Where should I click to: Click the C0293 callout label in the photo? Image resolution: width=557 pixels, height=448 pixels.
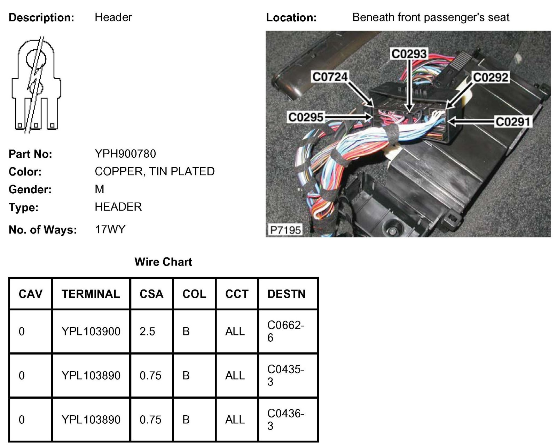tap(409, 54)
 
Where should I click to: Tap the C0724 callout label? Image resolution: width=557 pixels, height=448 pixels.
tap(330, 77)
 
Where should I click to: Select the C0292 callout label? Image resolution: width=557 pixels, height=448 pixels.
tap(491, 77)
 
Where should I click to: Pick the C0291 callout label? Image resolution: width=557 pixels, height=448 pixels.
tap(513, 122)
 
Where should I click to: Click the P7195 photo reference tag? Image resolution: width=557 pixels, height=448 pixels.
tap(285, 230)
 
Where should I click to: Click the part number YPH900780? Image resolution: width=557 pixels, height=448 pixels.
tap(125, 154)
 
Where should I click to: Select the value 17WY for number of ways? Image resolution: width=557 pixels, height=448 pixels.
tap(110, 229)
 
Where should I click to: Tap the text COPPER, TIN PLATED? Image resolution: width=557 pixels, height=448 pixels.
tap(155, 171)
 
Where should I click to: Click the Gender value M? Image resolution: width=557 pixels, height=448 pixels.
tap(99, 189)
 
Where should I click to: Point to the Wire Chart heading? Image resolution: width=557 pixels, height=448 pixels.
tap(163, 262)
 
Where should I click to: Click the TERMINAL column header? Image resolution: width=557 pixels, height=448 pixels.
tap(91, 294)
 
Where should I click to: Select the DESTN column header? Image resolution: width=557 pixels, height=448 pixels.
tap(286, 294)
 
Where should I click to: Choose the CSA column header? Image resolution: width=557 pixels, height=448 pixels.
tap(151, 294)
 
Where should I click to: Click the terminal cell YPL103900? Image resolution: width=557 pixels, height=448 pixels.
tap(91, 331)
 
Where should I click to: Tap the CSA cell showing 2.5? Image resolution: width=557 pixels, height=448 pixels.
tap(147, 331)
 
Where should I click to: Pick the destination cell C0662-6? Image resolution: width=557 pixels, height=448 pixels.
tap(285, 331)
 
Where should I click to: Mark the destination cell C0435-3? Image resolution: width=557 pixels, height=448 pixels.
tap(285, 375)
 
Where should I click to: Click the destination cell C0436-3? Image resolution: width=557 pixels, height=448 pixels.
tap(285, 420)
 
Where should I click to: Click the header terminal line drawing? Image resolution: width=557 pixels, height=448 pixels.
tap(36, 85)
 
